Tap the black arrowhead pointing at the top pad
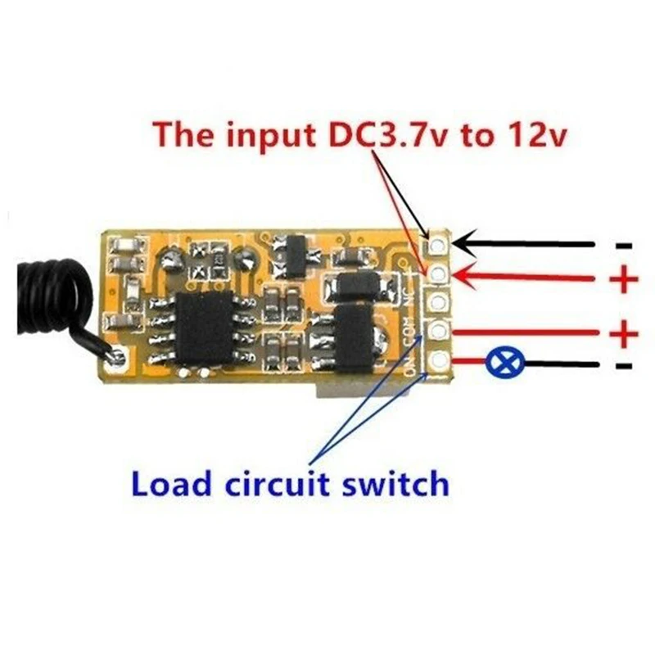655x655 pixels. (x=463, y=243)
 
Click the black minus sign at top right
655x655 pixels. (x=623, y=245)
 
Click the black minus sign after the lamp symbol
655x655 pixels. (x=623, y=364)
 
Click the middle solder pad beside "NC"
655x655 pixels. (x=439, y=302)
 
